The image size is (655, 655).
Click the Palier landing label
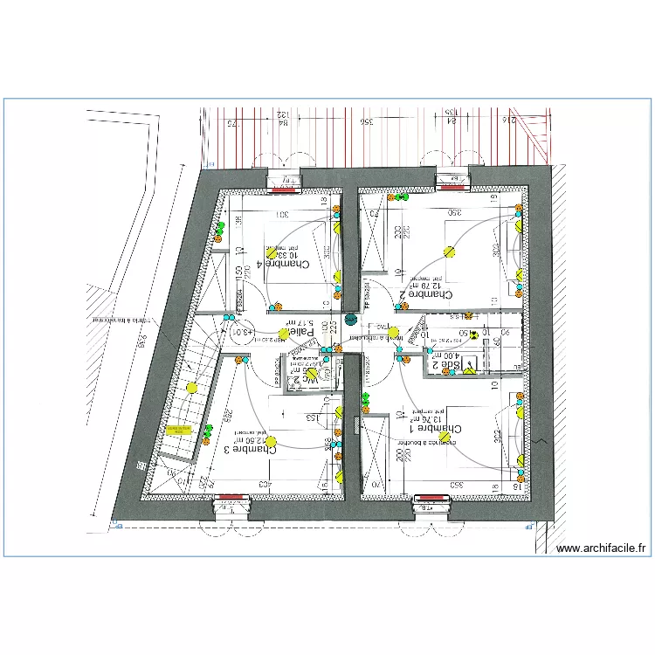[300, 333]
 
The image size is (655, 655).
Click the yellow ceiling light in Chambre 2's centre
[450, 252]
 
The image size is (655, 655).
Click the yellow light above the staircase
[190, 388]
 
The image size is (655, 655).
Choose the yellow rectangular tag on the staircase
[179, 429]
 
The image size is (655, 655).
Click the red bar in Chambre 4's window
[285, 188]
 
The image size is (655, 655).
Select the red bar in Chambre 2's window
[453, 186]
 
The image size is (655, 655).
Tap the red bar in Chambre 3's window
[231, 497]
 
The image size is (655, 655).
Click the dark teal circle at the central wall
[351, 321]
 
